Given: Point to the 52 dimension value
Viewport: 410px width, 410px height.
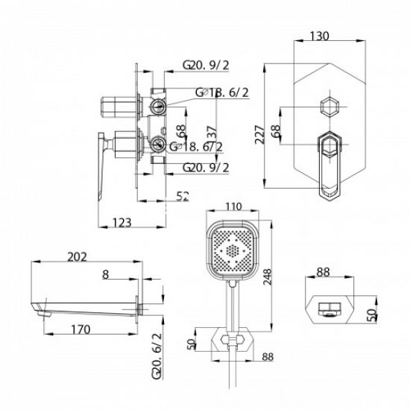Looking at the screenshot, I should click(183, 195).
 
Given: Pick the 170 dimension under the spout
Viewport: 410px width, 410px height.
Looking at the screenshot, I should click(81, 329).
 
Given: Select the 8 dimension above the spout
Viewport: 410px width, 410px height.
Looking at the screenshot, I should click(106, 274).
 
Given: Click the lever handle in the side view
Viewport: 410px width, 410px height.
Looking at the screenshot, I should click(101, 168).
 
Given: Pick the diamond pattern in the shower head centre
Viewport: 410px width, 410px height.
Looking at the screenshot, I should click(233, 252).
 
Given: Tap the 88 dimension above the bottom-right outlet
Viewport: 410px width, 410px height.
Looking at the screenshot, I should click(322, 273).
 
